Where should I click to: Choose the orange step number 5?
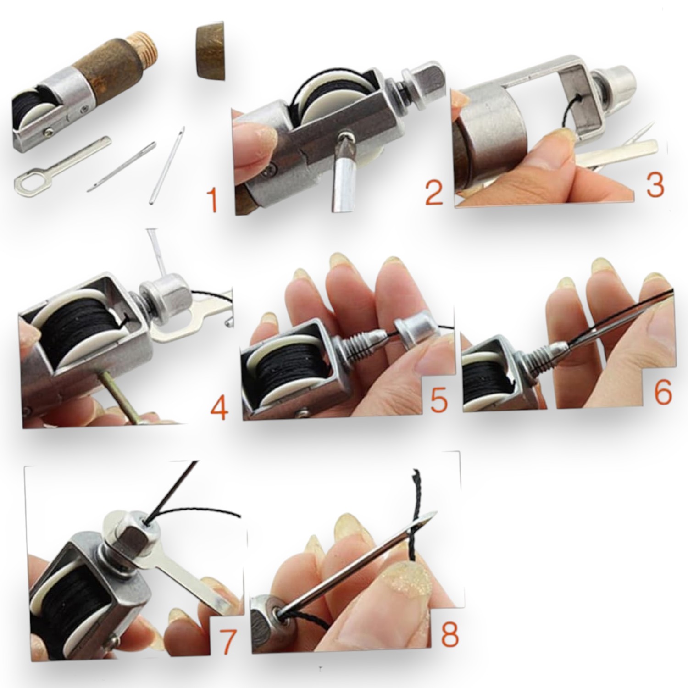click(438, 400)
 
